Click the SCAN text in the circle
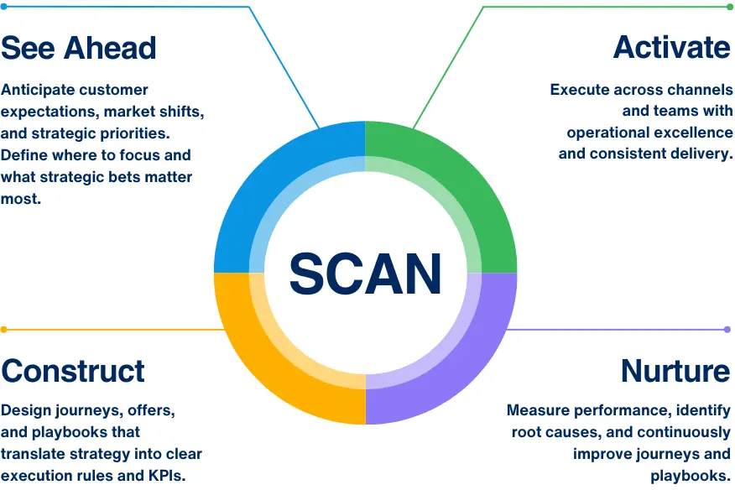click(x=365, y=274)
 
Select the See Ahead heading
click(x=79, y=47)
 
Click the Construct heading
click(x=73, y=370)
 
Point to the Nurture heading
click(x=675, y=370)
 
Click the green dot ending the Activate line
click(x=729, y=7)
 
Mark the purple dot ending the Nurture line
click(x=727, y=330)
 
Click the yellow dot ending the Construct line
click(x=4, y=330)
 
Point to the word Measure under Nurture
click(x=539, y=411)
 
